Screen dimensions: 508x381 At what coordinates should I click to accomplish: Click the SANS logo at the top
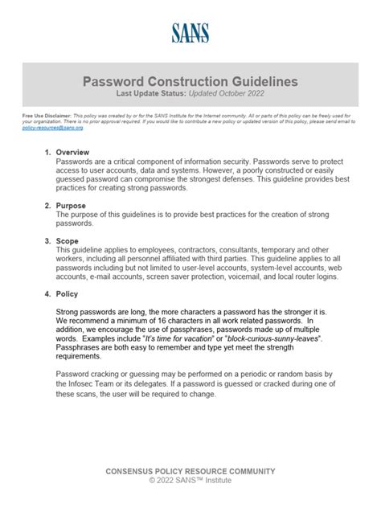(190, 32)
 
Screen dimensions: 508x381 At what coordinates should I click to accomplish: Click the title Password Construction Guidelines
(190, 82)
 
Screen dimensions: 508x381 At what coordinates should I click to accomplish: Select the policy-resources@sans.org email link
(52, 127)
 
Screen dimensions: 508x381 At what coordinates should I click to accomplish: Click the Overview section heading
(73, 152)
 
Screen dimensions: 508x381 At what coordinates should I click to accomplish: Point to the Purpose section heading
(72, 206)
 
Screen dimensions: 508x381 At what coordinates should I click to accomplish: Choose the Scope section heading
(68, 240)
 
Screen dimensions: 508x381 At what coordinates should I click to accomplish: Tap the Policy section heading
(68, 294)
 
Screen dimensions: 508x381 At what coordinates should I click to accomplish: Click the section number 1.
(47, 152)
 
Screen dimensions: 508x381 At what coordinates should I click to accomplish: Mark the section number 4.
(47, 294)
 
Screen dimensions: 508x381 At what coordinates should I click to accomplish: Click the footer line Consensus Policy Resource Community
(190, 471)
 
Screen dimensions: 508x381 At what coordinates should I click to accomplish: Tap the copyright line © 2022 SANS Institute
(190, 481)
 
